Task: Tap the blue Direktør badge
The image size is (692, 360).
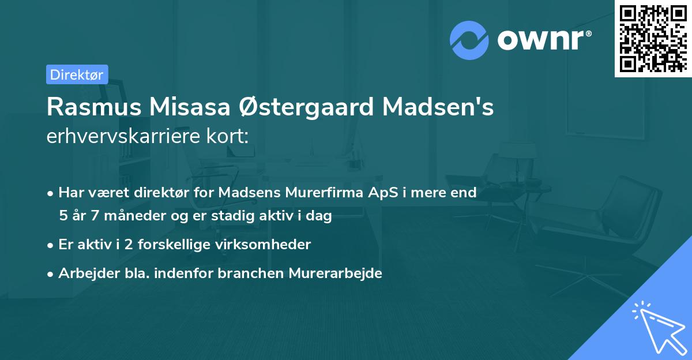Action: pos(77,74)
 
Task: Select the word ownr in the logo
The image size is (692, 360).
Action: pos(544,40)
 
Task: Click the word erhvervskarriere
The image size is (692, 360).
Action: pos(118,137)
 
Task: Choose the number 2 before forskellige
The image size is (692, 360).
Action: pos(123,245)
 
